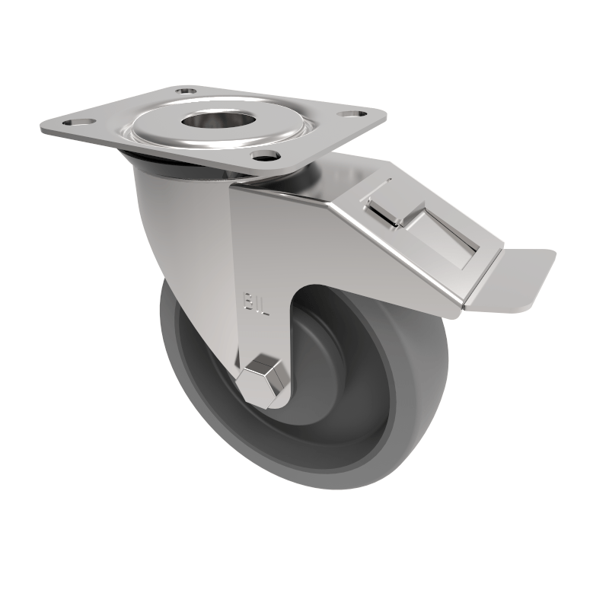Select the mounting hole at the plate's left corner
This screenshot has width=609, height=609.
click(76, 122)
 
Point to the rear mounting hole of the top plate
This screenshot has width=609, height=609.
click(184, 91)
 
